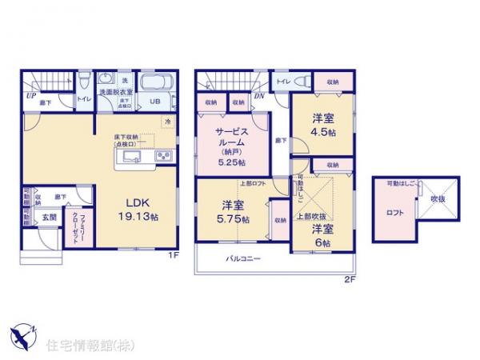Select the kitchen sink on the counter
click(132, 155)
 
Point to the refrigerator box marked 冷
click(167, 121)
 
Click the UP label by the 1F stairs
click(30, 95)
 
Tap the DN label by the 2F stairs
click(259, 95)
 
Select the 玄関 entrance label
click(49, 217)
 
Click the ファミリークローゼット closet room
click(85, 227)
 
